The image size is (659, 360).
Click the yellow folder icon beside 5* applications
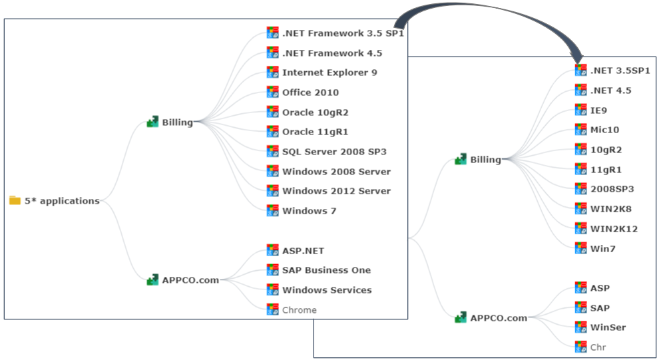point(15,201)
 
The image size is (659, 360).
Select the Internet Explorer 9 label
point(329,73)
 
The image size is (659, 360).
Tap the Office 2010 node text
point(310,92)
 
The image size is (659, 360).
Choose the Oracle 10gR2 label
point(315,112)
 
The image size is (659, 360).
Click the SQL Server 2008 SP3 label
point(334,151)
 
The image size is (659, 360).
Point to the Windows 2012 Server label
point(336,191)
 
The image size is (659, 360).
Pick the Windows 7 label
point(309,211)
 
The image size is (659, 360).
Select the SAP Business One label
point(326,270)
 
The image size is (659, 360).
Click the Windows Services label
point(327,290)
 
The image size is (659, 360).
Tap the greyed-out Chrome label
point(299,310)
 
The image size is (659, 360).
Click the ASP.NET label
point(303,251)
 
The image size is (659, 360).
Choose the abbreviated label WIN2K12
point(614,229)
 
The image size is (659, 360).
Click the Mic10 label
point(604,130)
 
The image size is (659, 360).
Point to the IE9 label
point(598,110)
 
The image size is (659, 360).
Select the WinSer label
point(608,327)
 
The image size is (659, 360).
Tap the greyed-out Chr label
point(598,347)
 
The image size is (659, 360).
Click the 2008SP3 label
point(612,189)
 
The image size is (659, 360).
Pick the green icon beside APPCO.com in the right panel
point(460,318)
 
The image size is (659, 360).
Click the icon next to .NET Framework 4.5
point(272,53)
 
